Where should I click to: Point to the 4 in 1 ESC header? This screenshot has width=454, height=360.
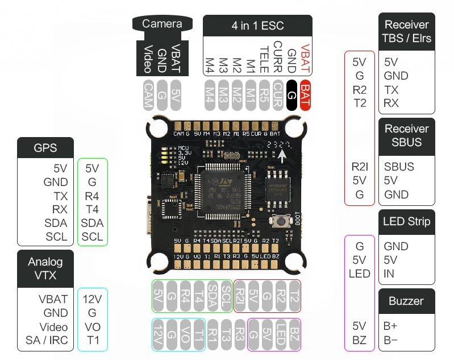[x=257, y=26]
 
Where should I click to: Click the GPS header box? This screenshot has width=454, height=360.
[x=45, y=148]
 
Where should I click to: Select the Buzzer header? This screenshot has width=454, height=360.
[x=407, y=301]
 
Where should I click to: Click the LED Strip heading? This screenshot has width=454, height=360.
[x=407, y=221]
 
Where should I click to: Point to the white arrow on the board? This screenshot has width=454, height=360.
[x=282, y=154]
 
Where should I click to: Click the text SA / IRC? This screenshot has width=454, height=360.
[x=47, y=341]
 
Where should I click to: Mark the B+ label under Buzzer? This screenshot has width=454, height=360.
[x=391, y=326]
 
